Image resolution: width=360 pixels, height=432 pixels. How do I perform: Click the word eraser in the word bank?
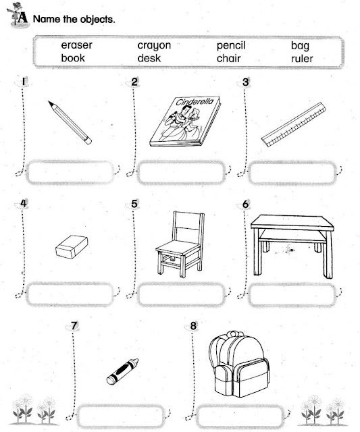(76, 46)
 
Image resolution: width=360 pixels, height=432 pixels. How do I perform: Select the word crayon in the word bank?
(154, 46)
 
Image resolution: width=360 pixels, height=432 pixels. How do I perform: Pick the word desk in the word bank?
(149, 58)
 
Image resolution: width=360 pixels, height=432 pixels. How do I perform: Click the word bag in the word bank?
(300, 46)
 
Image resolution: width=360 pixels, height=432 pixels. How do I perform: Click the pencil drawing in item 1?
(70, 122)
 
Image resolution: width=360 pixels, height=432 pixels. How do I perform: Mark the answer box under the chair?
(180, 295)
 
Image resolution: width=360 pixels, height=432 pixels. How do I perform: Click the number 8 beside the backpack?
(194, 326)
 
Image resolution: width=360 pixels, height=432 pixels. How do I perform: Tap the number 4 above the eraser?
(24, 204)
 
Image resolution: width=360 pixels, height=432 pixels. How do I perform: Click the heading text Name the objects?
(74, 18)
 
